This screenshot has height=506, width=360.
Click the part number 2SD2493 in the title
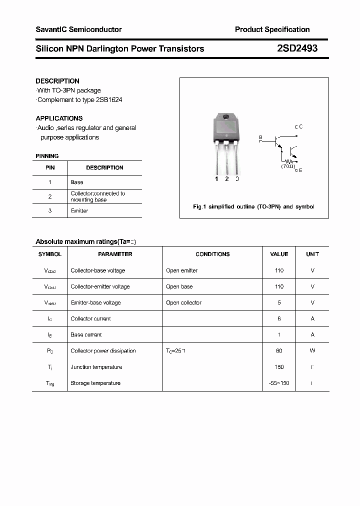(297, 49)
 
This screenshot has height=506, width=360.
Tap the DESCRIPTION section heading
(57, 81)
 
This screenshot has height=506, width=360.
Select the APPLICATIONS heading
(59, 118)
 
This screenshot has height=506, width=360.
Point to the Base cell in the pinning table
(77, 182)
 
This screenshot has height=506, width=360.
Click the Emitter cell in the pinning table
(79, 211)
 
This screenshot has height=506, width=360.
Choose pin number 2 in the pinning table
(50, 196)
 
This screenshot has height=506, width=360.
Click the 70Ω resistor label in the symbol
(287, 165)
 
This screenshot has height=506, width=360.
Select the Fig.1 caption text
(253, 206)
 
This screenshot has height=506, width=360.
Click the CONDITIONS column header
(212, 254)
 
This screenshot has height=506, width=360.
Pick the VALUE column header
(279, 254)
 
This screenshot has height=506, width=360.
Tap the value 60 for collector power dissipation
(279, 351)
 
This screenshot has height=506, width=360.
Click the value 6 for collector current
(279, 318)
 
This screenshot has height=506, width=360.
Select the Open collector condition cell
(183, 302)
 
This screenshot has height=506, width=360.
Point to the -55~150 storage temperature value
(279, 383)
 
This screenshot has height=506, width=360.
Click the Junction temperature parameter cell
(96, 367)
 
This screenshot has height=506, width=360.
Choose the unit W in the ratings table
(312, 351)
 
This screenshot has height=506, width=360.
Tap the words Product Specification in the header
(272, 29)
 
